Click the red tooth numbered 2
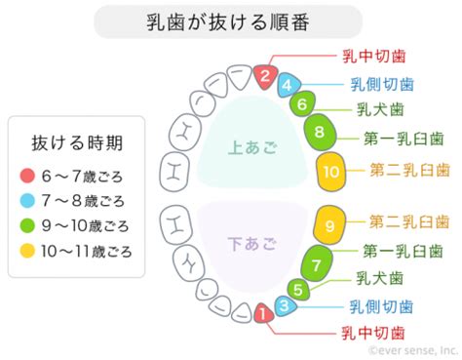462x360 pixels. pyautogui.click(x=265, y=77)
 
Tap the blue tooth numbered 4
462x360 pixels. pyautogui.click(x=289, y=85)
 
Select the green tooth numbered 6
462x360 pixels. pyautogui.click(x=302, y=104)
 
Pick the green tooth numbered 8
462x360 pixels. pyautogui.click(x=320, y=132)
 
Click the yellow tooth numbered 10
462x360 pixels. pyautogui.click(x=331, y=172)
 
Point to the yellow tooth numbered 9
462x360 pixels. pyautogui.click(x=329, y=225)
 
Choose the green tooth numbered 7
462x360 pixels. pyautogui.click(x=317, y=265)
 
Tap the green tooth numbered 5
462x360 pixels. pyautogui.click(x=299, y=290)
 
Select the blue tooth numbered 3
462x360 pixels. pyautogui.click(x=285, y=305)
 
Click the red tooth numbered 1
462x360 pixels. pyautogui.click(x=263, y=313)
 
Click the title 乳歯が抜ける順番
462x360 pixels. pyautogui.click(x=228, y=22)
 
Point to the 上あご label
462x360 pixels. pyautogui.click(x=252, y=147)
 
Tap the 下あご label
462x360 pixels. pyautogui.click(x=252, y=244)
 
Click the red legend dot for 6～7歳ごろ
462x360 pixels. pyautogui.click(x=27, y=176)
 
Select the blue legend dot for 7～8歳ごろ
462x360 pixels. pyautogui.click(x=27, y=200)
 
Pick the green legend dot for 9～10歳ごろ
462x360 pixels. pyautogui.click(x=27, y=225)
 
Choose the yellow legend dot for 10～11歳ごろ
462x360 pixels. pyautogui.click(x=27, y=251)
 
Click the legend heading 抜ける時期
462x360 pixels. pyautogui.click(x=77, y=143)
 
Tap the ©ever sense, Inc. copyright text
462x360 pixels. pyautogui.click(x=413, y=350)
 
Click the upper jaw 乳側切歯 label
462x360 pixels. pyautogui.click(x=382, y=85)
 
